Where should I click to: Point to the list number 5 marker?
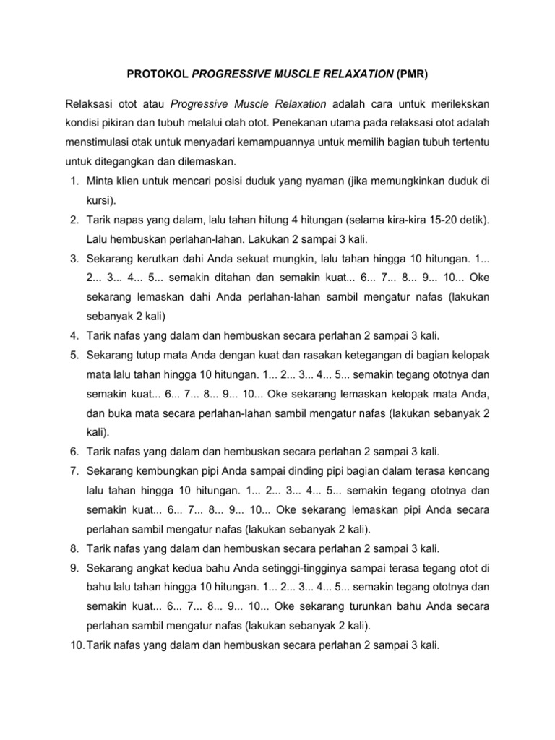click(x=74, y=355)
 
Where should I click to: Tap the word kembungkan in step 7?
click(x=166, y=470)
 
